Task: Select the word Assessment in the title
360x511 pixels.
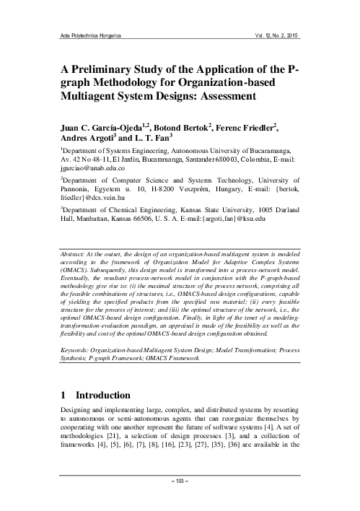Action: [x=261, y=100]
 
